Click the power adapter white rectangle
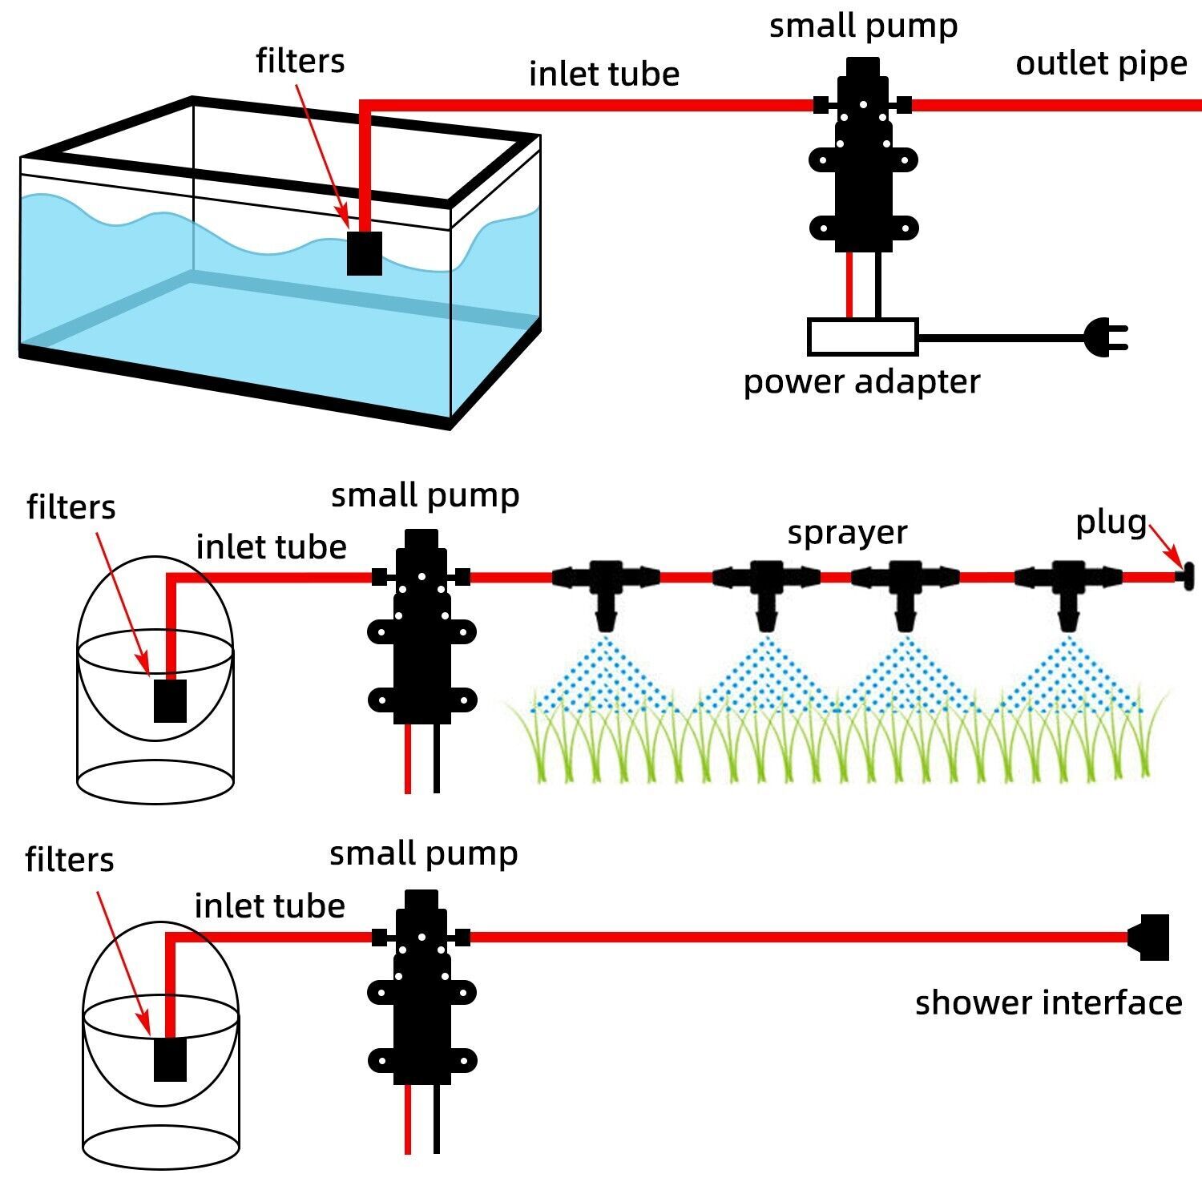tap(862, 337)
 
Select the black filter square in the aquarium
tap(365, 253)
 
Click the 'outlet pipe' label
tap(1101, 64)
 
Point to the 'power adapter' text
tap(861, 381)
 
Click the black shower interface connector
tap(1151, 937)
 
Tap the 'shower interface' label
tap(1048, 1002)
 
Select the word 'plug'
tap(1111, 522)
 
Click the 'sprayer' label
tap(847, 532)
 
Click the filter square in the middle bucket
tap(170, 700)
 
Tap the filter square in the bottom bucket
tap(170, 1059)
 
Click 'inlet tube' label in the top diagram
tap(604, 75)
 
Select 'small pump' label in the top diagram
tap(863, 26)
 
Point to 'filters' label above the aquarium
tap(300, 61)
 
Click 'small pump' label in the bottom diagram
tap(423, 853)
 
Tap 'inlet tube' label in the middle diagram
tap(271, 547)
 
